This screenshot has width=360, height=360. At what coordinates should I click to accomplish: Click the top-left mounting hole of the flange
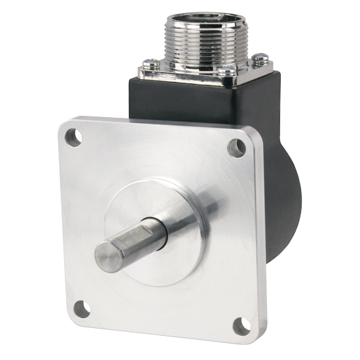coord(73,137)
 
